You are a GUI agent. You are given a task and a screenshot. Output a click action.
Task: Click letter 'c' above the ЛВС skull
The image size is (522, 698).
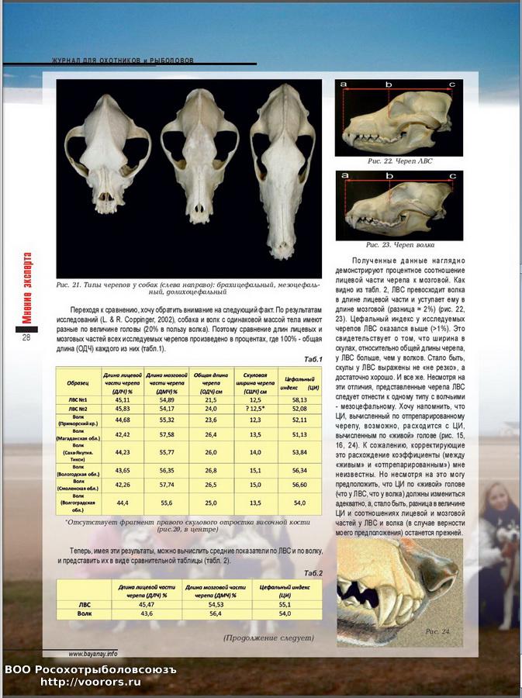(x=451, y=84)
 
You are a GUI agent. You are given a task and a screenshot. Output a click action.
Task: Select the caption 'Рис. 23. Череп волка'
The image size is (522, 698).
(x=399, y=244)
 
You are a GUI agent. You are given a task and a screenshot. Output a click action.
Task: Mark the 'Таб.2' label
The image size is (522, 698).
(x=313, y=573)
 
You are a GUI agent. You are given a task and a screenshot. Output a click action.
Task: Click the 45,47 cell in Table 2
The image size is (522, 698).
(x=144, y=603)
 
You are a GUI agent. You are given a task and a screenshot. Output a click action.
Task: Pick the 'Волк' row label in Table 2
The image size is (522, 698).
(x=85, y=613)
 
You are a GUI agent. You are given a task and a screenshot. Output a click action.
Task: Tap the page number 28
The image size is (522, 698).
(x=26, y=337)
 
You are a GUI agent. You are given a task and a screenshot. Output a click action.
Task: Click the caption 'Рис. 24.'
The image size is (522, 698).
(x=437, y=631)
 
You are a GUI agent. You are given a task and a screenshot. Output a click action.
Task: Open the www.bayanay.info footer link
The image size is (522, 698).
(x=93, y=654)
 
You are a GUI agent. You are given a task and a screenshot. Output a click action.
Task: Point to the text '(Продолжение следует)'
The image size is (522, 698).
(x=268, y=638)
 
